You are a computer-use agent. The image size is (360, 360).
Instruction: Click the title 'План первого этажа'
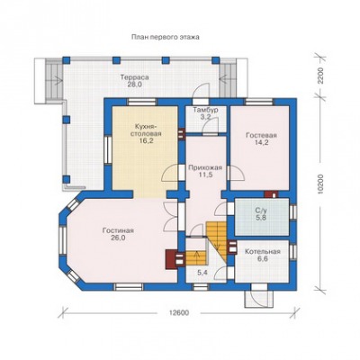pos(166,37)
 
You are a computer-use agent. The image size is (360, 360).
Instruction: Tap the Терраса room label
pos(135,77)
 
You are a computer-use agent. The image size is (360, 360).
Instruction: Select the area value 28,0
pos(135,85)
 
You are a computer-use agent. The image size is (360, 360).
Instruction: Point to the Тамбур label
pos(205,110)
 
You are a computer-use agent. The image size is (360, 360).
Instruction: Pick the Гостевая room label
pos(261,135)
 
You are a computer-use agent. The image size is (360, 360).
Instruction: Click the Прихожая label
pos(205,167)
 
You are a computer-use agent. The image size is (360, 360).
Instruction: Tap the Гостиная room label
pos(118,230)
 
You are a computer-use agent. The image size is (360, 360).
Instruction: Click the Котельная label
pos(262,252)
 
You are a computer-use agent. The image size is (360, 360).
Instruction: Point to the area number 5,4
pos(203,273)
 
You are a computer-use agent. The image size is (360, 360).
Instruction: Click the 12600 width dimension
pos(179,313)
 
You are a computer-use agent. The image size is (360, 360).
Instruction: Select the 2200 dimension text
pos(320,76)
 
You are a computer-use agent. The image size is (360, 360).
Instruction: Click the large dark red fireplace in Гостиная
pos(171,259)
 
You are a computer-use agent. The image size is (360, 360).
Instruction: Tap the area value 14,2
pos(261,142)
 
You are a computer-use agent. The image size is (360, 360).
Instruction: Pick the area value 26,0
pos(118,238)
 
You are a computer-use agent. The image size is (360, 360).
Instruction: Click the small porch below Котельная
pos(259,299)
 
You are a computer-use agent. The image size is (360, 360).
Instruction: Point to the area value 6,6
pos(262,259)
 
